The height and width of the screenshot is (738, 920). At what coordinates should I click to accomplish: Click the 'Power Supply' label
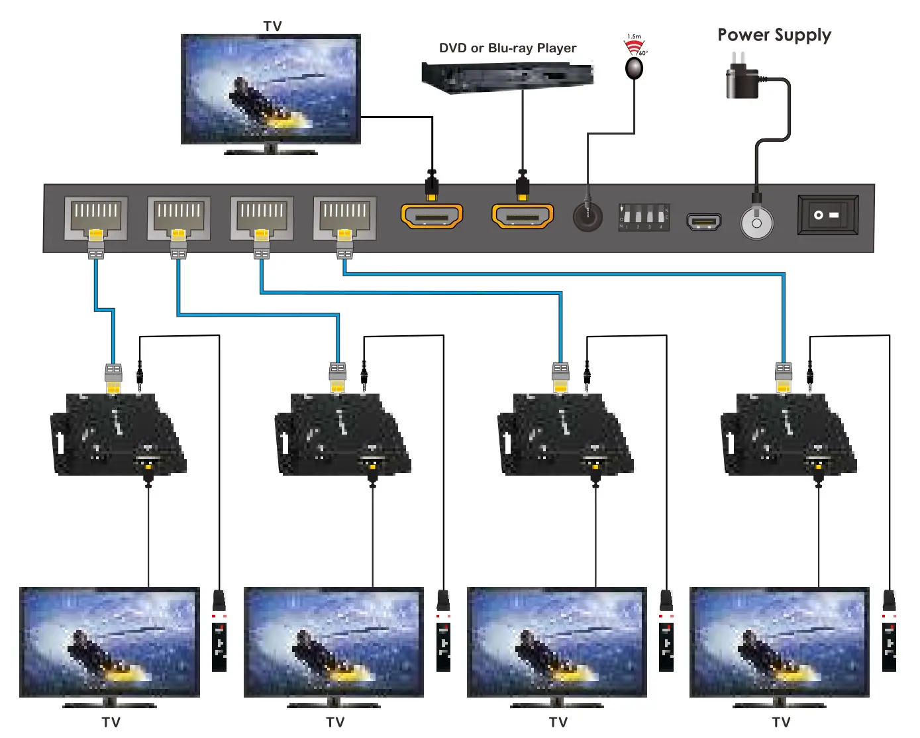(x=774, y=35)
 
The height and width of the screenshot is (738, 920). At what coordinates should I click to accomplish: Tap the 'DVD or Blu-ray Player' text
(x=507, y=48)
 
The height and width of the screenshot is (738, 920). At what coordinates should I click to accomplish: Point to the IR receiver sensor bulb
(x=634, y=68)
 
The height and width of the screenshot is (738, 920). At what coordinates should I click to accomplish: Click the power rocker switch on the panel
(x=827, y=215)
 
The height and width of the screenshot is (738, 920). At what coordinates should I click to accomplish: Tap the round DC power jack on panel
(x=756, y=223)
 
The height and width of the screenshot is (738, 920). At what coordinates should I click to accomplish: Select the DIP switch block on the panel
(x=644, y=217)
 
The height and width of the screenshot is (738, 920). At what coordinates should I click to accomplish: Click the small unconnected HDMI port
(x=703, y=222)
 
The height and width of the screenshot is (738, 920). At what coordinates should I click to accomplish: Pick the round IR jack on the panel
(x=588, y=217)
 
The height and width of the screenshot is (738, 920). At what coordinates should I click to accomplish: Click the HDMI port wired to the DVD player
(x=522, y=217)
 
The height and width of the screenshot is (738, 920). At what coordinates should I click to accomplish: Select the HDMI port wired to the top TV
(x=432, y=217)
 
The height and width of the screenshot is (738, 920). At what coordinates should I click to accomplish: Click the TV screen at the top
(x=271, y=89)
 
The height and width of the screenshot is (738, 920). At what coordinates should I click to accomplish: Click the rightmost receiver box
(x=788, y=435)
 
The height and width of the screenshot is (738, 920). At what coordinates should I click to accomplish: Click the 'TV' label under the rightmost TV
(x=781, y=722)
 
